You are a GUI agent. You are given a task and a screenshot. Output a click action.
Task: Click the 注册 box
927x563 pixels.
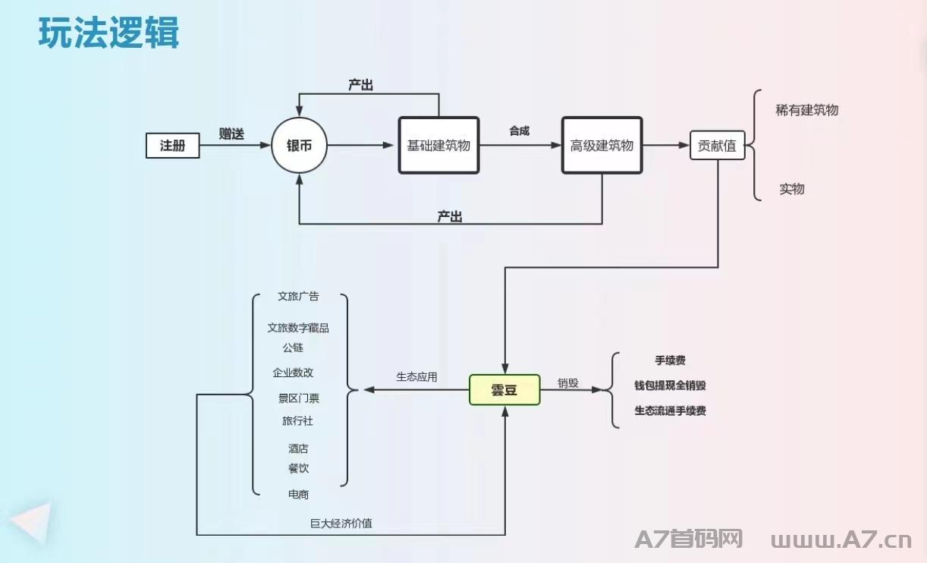coord(172,146)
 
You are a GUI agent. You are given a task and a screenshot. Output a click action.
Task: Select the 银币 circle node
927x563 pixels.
coord(299,146)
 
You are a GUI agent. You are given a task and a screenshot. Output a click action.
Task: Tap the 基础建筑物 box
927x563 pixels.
coord(438,145)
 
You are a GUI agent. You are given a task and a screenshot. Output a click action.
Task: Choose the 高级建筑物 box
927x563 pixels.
coord(602,145)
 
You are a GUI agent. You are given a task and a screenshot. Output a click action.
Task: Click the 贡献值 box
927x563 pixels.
coord(717,146)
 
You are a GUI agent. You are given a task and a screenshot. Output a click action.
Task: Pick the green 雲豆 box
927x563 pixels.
coord(504,390)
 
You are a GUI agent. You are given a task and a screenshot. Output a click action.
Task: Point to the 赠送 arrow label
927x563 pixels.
coord(231,134)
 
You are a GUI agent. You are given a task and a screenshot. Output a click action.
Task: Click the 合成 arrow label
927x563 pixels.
coord(520,131)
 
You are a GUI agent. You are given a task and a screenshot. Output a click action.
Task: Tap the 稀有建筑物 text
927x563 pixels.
coord(806,110)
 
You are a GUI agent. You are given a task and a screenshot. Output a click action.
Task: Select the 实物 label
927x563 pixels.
coord(791,189)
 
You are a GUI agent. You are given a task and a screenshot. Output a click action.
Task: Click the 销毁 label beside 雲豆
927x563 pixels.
coord(568,383)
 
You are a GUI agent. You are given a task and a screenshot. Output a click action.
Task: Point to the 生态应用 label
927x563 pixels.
coord(416,376)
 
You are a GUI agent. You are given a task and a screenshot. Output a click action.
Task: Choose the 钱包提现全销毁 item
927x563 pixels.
coord(670,385)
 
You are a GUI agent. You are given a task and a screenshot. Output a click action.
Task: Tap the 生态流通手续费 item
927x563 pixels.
coord(670,410)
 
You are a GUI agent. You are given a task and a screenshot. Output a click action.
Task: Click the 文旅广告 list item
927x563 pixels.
coord(298,296)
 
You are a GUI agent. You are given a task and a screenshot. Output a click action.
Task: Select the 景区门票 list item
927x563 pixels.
coord(298,398)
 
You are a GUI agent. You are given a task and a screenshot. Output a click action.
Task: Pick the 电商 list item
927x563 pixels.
coord(298,494)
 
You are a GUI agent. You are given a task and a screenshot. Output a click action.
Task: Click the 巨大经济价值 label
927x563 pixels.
coord(341,523)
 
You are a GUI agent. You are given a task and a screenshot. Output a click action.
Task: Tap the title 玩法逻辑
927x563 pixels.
coord(108,33)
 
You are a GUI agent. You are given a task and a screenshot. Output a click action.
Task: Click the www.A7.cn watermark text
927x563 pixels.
coord(841,540)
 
